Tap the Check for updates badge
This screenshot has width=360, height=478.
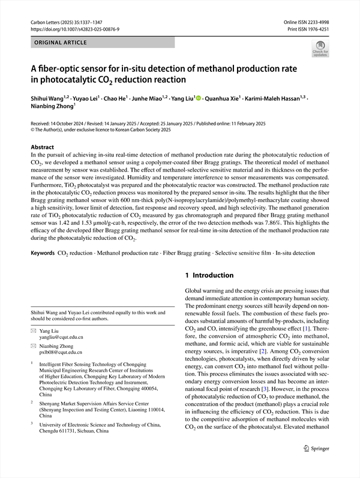tap(320, 48)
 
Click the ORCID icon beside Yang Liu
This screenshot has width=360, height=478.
tap(199, 98)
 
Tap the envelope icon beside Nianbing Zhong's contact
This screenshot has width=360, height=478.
tap(34, 346)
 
